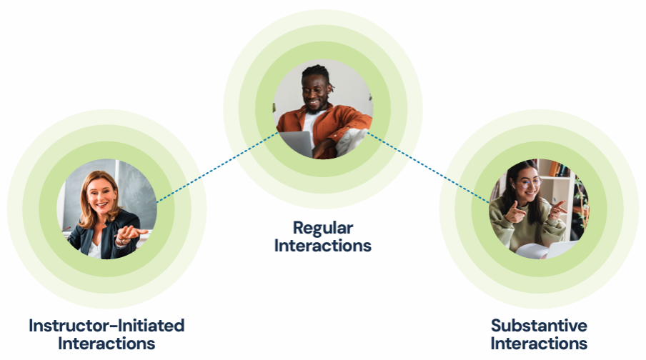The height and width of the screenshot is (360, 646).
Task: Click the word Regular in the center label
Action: [x=322, y=229]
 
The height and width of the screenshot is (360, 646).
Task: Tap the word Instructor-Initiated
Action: [x=106, y=326]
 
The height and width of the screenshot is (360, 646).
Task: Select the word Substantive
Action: [x=539, y=326]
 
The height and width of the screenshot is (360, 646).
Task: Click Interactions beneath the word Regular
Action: [x=322, y=246]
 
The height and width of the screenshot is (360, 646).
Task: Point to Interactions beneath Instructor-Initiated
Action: [x=106, y=343]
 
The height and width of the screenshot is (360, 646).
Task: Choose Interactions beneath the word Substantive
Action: [x=539, y=343]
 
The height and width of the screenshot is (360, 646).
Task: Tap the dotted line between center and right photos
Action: [x=429, y=167]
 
